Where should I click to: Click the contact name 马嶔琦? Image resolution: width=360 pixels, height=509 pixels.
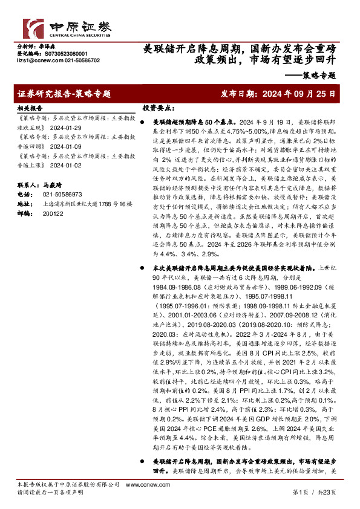[53, 185]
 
